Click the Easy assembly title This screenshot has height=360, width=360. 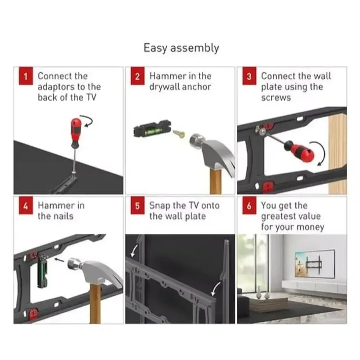click(181, 48)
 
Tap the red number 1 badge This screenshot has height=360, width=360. click(26, 76)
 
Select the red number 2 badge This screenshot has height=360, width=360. click(137, 76)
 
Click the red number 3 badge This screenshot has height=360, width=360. click(249, 76)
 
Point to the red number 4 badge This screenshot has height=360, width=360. click(26, 206)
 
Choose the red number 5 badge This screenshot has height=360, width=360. click(137, 206)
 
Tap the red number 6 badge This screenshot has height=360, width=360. click(249, 206)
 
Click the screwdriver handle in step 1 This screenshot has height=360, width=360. click(76, 133)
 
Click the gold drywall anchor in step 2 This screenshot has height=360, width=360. click(179, 134)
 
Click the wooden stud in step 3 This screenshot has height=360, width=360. click(338, 154)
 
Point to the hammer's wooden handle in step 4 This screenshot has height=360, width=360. click(95, 303)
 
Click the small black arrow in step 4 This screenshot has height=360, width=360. click(59, 260)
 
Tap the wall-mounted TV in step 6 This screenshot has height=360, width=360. click(314, 264)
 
